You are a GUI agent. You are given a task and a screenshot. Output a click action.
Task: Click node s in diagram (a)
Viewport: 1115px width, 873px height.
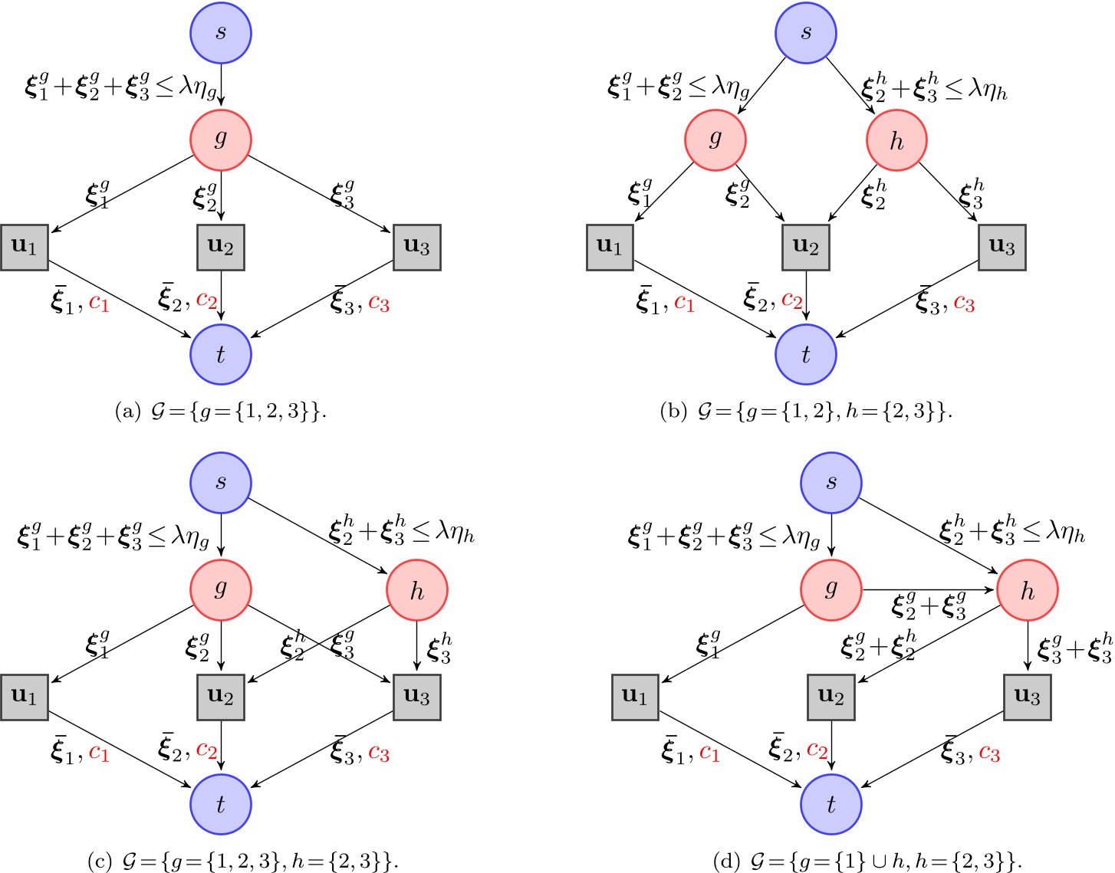(221, 33)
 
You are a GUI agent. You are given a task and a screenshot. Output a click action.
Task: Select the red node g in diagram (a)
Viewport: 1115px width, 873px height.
(221, 139)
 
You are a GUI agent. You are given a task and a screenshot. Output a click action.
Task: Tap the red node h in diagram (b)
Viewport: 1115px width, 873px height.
(896, 141)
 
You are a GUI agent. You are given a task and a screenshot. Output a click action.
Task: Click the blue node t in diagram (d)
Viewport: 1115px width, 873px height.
(831, 804)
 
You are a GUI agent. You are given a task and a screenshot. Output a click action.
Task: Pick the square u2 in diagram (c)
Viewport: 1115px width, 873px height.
(221, 697)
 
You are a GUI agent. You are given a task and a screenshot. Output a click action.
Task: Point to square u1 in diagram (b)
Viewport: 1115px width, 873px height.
(610, 248)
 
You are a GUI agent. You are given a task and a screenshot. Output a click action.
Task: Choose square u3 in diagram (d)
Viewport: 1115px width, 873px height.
(1027, 697)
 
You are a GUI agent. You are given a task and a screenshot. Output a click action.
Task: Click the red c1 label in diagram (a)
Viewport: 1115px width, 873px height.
(100, 304)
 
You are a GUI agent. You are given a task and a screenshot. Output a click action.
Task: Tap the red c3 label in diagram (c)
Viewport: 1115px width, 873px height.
(379, 753)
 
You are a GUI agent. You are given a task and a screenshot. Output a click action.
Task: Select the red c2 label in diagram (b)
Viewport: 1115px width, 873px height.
(792, 300)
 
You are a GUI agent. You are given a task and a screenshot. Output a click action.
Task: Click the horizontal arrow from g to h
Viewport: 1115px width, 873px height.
(929, 590)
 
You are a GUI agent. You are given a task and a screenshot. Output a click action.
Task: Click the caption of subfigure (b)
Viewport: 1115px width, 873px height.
(805, 412)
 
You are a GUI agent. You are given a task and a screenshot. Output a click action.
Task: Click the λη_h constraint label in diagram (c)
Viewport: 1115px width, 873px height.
(401, 532)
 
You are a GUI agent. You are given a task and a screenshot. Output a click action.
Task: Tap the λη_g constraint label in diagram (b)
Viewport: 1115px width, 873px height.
(678, 87)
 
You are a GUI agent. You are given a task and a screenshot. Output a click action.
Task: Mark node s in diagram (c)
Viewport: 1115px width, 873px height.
(221, 483)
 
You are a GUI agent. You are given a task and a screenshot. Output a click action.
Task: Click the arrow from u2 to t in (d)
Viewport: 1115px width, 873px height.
(831, 747)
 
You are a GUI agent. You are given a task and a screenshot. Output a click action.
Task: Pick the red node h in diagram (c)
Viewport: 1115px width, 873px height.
(416, 590)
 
